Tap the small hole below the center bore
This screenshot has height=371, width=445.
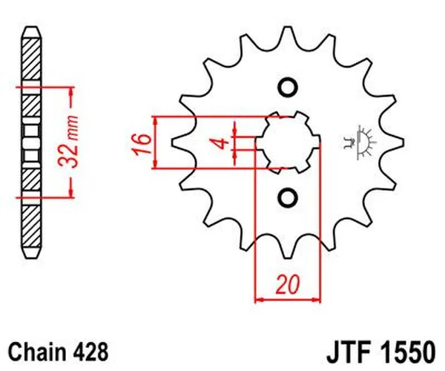[x=288, y=198]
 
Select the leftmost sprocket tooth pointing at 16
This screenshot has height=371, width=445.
[x=179, y=142]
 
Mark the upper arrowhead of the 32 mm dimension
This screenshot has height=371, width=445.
[x=71, y=91]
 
